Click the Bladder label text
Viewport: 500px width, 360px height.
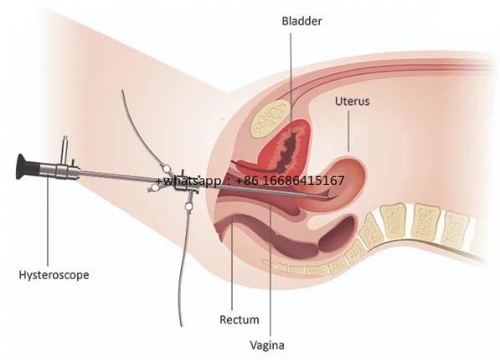coord(302,21)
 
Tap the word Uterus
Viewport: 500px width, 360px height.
coord(352,101)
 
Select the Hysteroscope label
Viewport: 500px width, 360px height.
coord(54,275)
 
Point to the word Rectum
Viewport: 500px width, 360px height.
coord(240,320)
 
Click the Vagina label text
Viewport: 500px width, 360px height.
coord(267,345)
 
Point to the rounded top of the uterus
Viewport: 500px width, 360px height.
coord(351,159)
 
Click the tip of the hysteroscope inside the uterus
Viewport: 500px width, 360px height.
coord(327,198)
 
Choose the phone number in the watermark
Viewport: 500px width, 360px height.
coord(290,181)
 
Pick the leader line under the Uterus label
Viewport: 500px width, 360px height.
coord(348,131)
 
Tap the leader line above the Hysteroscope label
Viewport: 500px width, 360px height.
coord(48,220)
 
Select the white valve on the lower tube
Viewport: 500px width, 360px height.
coord(188,207)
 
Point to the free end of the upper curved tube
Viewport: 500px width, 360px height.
coord(121,91)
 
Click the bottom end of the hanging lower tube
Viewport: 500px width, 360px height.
coord(182,326)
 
